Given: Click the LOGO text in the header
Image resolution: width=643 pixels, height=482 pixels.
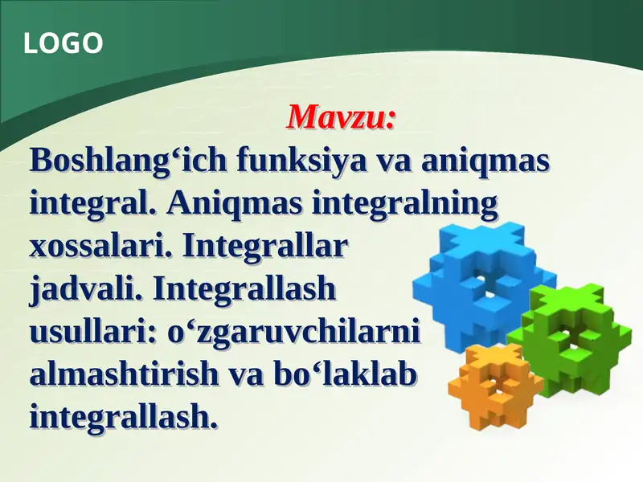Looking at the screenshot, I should tap(63, 43).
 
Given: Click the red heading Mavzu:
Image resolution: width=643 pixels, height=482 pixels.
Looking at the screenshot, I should tap(342, 117).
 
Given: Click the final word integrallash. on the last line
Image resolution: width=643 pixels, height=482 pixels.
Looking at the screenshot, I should tap(124, 416).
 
